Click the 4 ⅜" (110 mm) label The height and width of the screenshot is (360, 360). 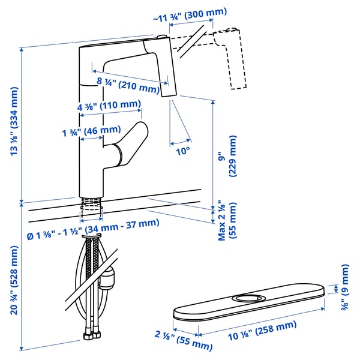[109, 106]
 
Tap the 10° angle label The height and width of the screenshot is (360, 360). [182, 151]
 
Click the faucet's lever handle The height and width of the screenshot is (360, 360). [130, 141]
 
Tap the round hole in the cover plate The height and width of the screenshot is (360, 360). [246, 298]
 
